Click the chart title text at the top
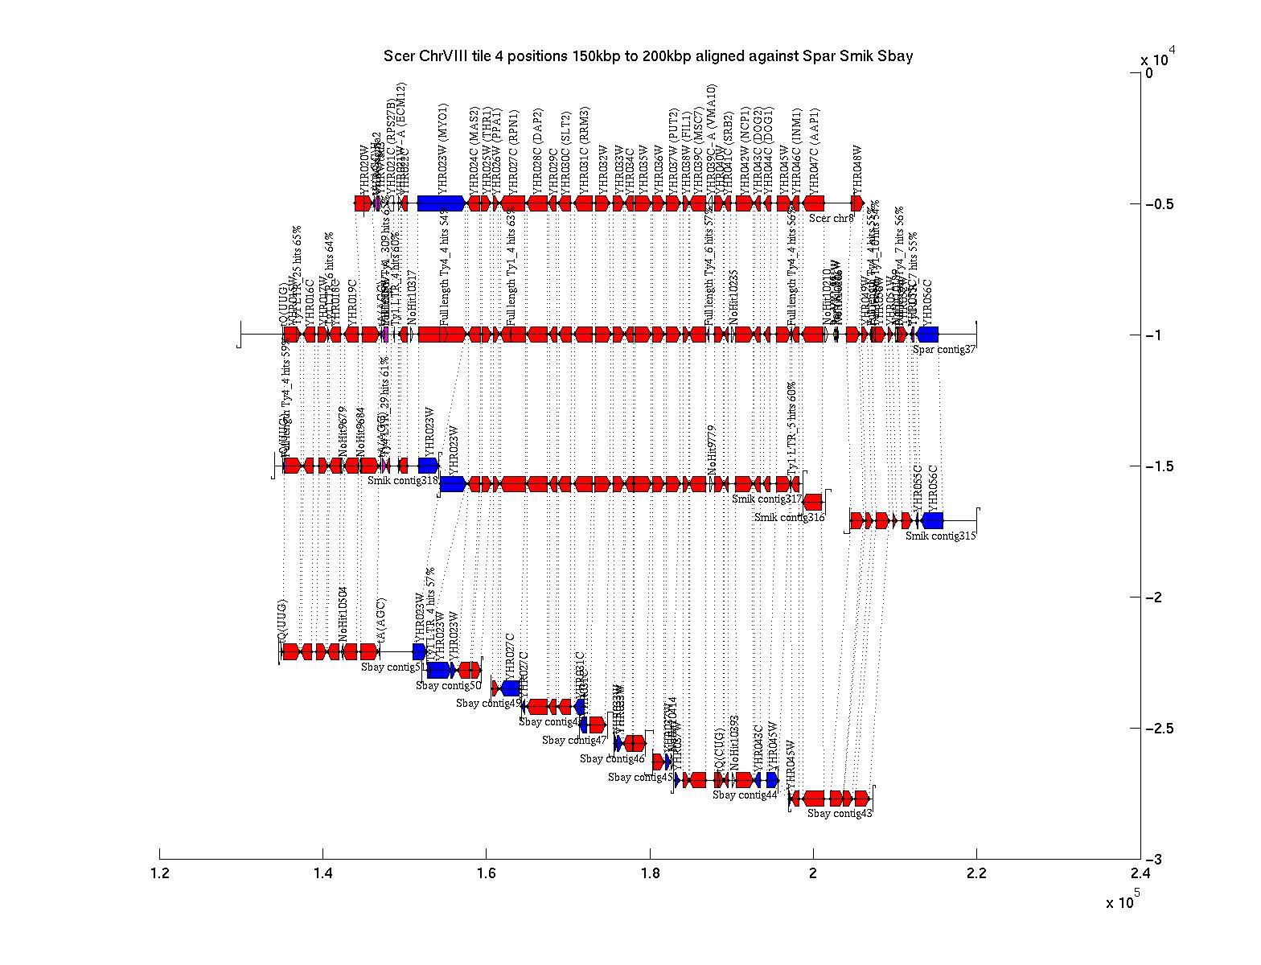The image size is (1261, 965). pyautogui.click(x=647, y=56)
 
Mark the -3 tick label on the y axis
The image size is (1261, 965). pyautogui.click(x=1155, y=860)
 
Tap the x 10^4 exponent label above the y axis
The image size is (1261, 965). pyautogui.click(x=1158, y=59)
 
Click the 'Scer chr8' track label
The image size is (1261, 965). pyautogui.click(x=831, y=218)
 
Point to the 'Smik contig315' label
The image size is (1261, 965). pyautogui.click(x=940, y=536)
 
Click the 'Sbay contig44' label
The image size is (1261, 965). pyautogui.click(x=745, y=795)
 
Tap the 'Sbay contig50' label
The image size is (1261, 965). pyautogui.click(x=448, y=686)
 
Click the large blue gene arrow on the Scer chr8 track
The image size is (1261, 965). pyautogui.click(x=441, y=203)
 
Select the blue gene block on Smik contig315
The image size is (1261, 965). pyautogui.click(x=933, y=520)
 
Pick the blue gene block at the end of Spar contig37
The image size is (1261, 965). pyautogui.click(x=927, y=335)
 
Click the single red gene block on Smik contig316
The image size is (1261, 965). pyautogui.click(x=813, y=502)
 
